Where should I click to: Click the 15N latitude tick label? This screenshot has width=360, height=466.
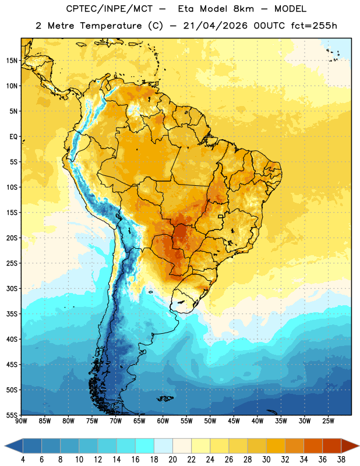12,61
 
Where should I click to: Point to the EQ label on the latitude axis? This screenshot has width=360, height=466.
13,137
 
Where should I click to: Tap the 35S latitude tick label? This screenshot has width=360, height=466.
12,314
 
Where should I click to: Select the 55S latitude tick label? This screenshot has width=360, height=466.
12,415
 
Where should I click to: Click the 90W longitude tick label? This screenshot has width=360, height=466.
22,421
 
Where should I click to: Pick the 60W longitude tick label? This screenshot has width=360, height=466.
163,421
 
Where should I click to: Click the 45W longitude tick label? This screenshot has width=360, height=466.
234,421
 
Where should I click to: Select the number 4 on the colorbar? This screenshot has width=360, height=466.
23,460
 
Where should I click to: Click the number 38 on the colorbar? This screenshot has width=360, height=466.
341,460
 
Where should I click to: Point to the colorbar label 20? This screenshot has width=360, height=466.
172,460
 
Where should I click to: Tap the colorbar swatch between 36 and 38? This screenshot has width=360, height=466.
332,446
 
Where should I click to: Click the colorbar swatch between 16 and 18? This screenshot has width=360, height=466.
145,446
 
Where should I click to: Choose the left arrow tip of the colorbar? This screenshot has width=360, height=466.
5,446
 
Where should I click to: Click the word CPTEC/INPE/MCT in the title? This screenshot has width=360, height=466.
110,9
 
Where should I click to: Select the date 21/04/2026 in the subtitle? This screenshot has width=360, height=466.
215,26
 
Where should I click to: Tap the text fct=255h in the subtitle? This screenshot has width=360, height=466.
314,26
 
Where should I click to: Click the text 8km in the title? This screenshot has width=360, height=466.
243,9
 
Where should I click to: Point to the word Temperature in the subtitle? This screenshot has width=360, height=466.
111,26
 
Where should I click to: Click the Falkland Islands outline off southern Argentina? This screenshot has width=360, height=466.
165,398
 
